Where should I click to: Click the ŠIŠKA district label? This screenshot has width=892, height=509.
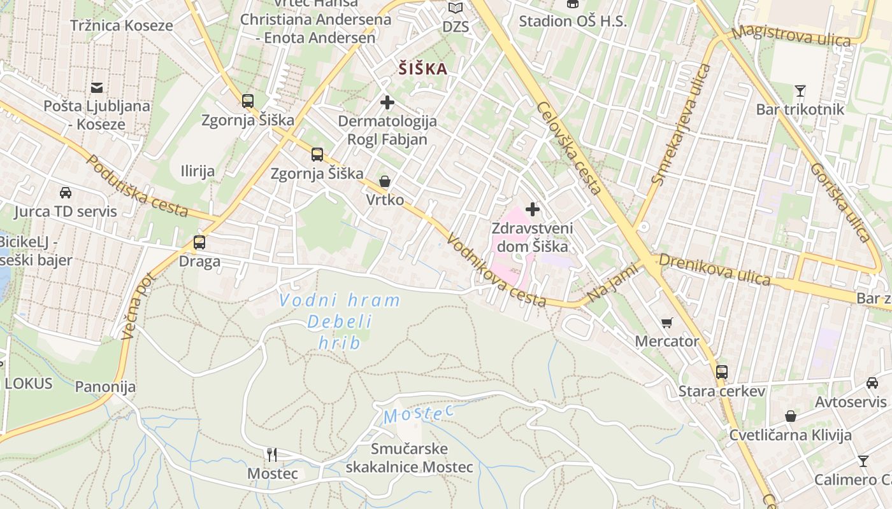[423, 69]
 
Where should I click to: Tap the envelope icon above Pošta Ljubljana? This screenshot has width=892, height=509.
[97, 88]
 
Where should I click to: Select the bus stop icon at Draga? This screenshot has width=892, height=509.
[199, 242]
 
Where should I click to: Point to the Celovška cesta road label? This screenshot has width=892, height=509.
[569, 148]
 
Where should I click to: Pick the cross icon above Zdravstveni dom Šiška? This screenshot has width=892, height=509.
[533, 209]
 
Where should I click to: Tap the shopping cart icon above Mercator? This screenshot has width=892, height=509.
[667, 323]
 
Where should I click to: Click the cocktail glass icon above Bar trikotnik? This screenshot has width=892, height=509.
[800, 91]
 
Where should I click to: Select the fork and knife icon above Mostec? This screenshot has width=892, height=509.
[272, 455]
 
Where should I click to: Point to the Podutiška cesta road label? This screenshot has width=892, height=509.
[137, 185]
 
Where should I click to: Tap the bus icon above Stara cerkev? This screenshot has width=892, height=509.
[721, 372]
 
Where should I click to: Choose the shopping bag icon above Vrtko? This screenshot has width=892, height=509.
[385, 182]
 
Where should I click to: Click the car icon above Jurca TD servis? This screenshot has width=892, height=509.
[66, 193]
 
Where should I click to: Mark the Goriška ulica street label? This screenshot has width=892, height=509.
[840, 202]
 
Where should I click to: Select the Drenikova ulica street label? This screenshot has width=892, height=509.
[714, 270]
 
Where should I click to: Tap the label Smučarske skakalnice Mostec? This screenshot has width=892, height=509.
[409, 458]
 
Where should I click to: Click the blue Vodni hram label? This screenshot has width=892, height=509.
[340, 300]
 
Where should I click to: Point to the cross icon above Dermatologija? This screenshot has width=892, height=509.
[387, 102]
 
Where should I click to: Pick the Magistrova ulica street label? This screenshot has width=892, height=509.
[791, 36]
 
